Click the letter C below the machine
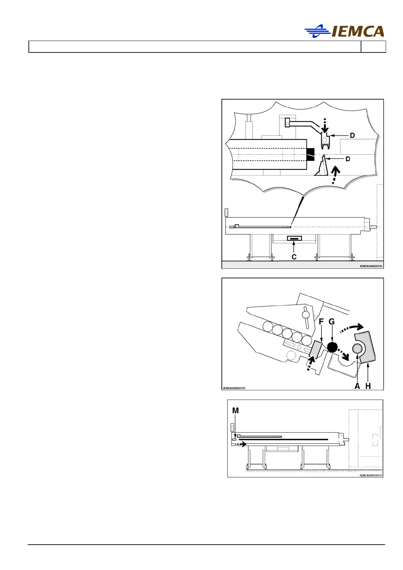tap(294, 257)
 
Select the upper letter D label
tap(352, 135)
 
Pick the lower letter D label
tap(347, 159)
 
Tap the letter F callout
tap(321, 321)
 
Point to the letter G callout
tap(332, 321)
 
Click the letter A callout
tap(357, 386)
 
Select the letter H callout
tap(368, 386)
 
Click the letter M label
tap(235, 411)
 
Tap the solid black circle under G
tap(332, 347)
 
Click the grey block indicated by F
tap(317, 349)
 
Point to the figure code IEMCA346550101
tap(371, 266)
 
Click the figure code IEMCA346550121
tap(234, 388)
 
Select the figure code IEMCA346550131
tap(371, 475)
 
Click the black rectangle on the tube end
tap(310, 154)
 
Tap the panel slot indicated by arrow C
tap(294, 239)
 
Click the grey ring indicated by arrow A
tap(357, 348)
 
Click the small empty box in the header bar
tap(373, 47)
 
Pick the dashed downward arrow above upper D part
tap(324, 126)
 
